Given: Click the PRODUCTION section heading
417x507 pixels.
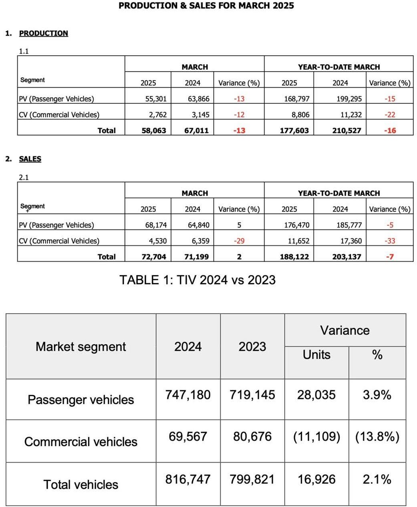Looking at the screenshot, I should [43, 33].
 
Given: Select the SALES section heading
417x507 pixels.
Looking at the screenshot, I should [30, 159].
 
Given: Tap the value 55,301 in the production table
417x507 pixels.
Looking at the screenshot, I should [156, 99].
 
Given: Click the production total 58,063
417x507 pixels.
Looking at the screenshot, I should [154, 130].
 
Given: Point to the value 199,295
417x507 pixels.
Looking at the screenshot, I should [349, 99].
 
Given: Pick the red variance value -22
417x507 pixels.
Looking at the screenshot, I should [390, 115].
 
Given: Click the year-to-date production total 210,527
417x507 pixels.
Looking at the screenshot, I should [346, 130].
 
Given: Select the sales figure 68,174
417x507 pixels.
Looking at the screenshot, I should [156, 225].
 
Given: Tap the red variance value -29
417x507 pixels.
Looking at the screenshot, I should [239, 241].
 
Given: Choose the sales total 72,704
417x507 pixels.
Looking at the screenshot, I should [154, 257].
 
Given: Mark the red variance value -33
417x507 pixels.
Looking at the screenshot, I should [390, 241].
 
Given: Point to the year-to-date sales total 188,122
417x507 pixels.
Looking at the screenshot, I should [294, 257].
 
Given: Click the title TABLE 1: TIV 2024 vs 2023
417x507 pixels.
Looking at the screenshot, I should [197, 280].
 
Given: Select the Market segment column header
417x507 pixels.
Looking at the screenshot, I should [81, 346].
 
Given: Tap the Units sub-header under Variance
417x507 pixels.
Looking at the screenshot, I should [316, 355].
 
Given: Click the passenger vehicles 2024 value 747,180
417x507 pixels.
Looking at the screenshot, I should [188, 395].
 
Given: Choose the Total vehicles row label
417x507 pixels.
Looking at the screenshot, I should [81, 485].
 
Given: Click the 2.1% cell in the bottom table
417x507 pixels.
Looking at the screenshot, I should [377, 479].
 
